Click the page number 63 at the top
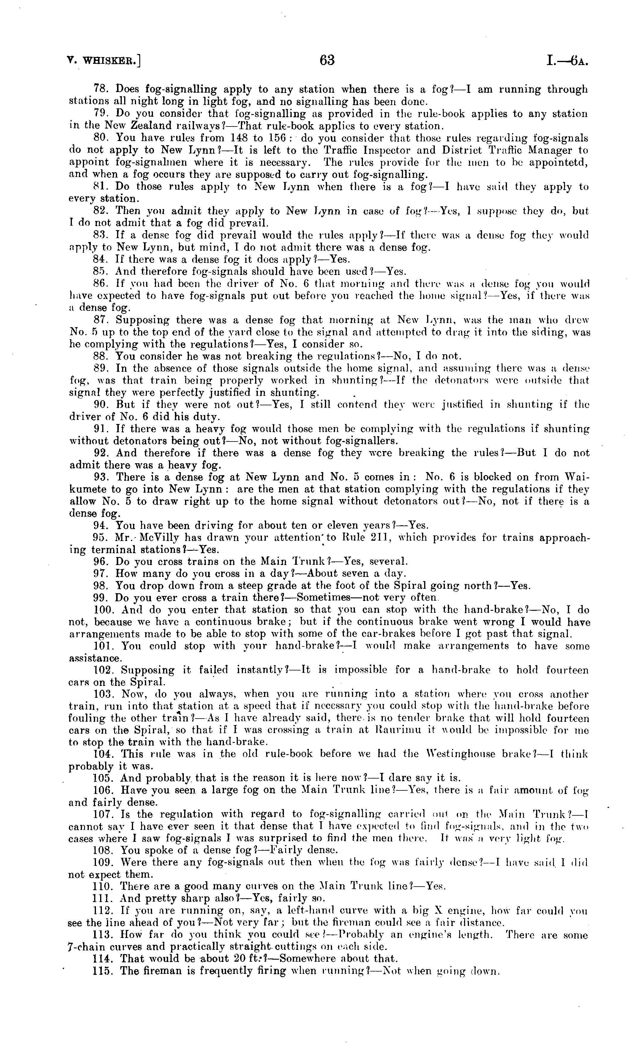point(327,61)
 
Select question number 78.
point(100,90)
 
